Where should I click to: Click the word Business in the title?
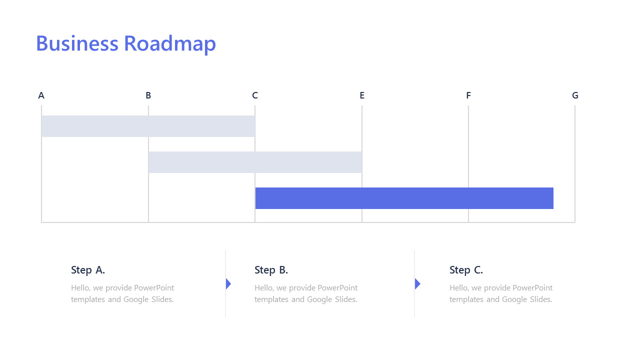77,43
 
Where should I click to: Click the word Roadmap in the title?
170,44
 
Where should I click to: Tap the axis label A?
41,95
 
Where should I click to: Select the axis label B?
148,95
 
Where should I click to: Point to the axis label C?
255,95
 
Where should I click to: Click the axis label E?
362,95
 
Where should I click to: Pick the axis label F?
468,95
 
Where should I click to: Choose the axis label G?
575,95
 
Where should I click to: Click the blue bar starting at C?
404,198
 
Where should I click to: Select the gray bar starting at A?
148,126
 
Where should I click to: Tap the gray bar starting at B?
255,162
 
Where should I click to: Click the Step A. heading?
88,270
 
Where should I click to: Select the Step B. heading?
271,270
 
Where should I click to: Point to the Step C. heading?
466,270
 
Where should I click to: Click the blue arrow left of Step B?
228,284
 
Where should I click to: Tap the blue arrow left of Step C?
417,284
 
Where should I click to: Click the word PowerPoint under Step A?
154,288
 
